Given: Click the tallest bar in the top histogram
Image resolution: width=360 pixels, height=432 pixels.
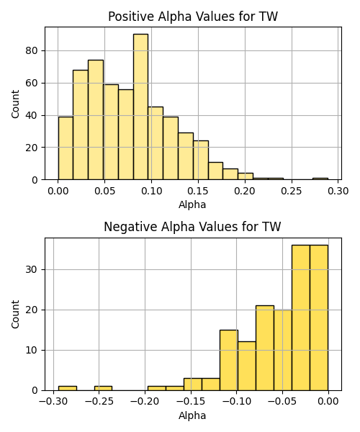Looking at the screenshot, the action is pos(140,107).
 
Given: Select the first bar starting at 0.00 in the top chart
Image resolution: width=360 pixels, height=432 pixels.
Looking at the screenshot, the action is pos(66,148).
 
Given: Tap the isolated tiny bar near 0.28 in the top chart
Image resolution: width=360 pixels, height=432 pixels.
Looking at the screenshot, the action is pos(320,179).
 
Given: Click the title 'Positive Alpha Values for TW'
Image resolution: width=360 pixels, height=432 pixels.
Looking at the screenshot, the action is pos(193,17).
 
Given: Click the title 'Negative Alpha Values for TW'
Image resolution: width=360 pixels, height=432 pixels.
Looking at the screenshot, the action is pos(192,227).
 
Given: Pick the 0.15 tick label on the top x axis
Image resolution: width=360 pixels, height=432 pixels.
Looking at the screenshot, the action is pos(198,191).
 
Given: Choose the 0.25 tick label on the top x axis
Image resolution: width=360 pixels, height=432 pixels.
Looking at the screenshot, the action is pos(292,191).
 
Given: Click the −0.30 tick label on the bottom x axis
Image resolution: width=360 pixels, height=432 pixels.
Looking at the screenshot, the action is pos(53,402).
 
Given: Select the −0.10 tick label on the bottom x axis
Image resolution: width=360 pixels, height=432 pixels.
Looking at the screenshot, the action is pos(236,402).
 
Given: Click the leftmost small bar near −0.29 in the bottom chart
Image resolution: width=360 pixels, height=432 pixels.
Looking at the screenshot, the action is pos(68,388).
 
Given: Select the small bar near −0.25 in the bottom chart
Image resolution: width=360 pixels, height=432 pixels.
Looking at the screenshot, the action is pos(103,388).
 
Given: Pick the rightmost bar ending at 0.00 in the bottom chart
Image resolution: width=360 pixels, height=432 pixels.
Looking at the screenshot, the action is pos(319,318).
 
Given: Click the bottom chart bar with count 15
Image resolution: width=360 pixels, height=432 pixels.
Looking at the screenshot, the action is pos(229,360).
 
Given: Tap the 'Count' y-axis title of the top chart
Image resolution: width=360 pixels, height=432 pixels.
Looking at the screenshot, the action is pos(15,104).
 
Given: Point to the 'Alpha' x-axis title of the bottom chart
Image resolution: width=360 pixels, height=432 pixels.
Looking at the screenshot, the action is pos(192,415).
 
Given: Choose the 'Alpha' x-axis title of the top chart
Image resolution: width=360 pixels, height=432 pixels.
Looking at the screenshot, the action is pos(192,204).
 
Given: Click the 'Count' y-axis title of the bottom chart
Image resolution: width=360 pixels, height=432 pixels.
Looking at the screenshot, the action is pos(15,315).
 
